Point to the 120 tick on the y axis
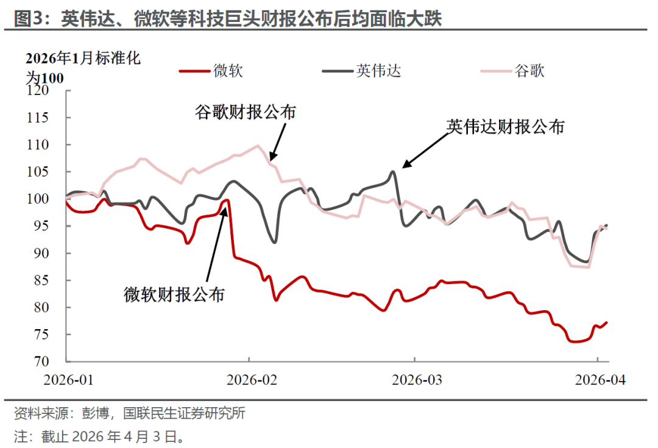48,91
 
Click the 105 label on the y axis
48,172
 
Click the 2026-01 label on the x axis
69,379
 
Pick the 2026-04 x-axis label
600,379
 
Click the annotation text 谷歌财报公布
246,113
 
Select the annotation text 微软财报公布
174,295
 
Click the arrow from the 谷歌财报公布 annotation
275,141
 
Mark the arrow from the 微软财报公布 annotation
216,244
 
